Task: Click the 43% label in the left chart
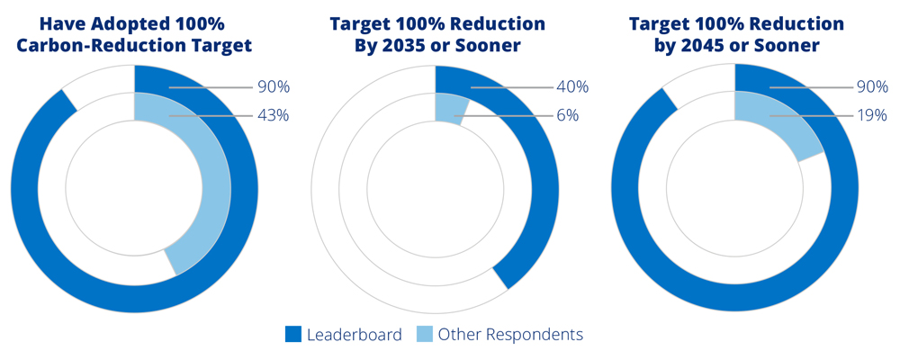271,115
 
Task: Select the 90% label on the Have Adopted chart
271,87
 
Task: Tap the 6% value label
567,115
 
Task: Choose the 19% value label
870,115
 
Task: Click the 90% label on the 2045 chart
870,87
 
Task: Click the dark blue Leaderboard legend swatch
293,335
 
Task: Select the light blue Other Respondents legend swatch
424,335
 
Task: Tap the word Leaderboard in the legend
354,335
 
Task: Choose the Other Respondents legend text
510,335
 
